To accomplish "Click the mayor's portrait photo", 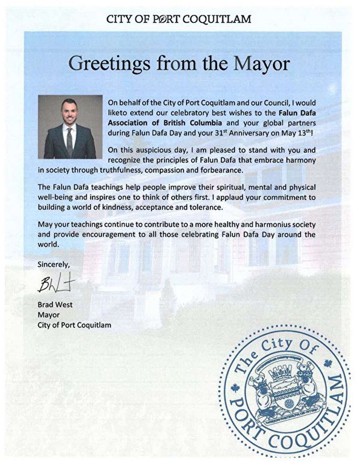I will (70, 127).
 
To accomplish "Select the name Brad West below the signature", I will (55, 305).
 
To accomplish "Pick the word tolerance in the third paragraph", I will (204, 207).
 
